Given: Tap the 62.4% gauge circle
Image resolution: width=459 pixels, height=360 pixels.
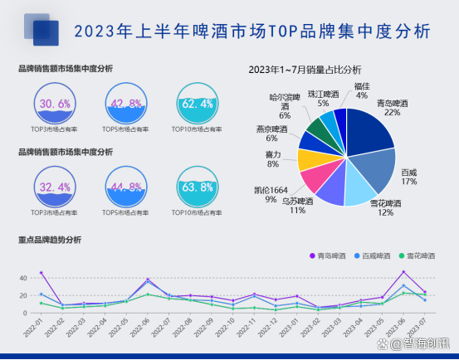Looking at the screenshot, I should point(197,103).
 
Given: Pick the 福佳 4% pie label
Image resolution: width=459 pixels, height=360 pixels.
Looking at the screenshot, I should point(362,86).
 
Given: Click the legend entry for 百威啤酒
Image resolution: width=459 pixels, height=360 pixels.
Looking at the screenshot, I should point(378,256).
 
